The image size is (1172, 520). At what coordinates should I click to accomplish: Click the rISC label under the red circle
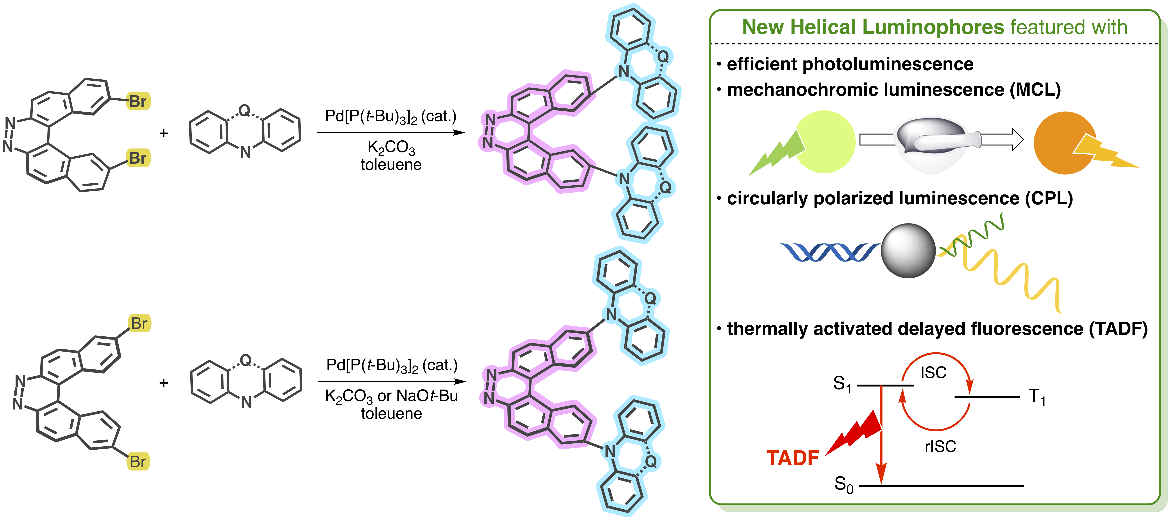[940, 446]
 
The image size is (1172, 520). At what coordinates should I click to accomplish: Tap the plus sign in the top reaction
[164, 133]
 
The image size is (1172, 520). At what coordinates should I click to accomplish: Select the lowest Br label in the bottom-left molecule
[138, 462]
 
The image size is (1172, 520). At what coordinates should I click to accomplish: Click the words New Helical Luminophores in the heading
[873, 27]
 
